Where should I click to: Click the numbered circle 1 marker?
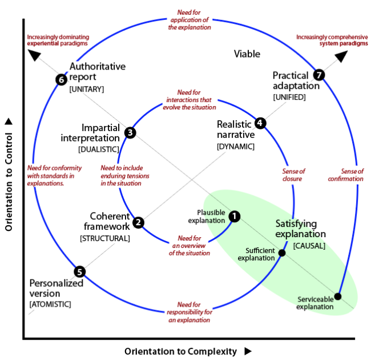(x=234, y=216)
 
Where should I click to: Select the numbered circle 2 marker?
(x=138, y=222)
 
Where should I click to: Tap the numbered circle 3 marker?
(x=130, y=133)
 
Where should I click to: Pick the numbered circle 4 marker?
(x=260, y=123)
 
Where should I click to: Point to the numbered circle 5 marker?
(x=80, y=272)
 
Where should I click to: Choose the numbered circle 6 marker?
(x=62, y=79)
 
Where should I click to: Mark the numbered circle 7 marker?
(x=319, y=75)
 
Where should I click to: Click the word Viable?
(x=247, y=54)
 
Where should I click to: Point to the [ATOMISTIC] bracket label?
(x=50, y=304)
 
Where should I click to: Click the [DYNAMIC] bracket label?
(x=236, y=147)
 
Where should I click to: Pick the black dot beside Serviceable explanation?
(x=337, y=296)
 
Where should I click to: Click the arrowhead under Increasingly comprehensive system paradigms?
(x=341, y=56)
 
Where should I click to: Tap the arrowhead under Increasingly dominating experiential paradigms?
(x=34, y=55)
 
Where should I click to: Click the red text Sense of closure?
(x=293, y=174)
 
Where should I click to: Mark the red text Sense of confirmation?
(x=345, y=174)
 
